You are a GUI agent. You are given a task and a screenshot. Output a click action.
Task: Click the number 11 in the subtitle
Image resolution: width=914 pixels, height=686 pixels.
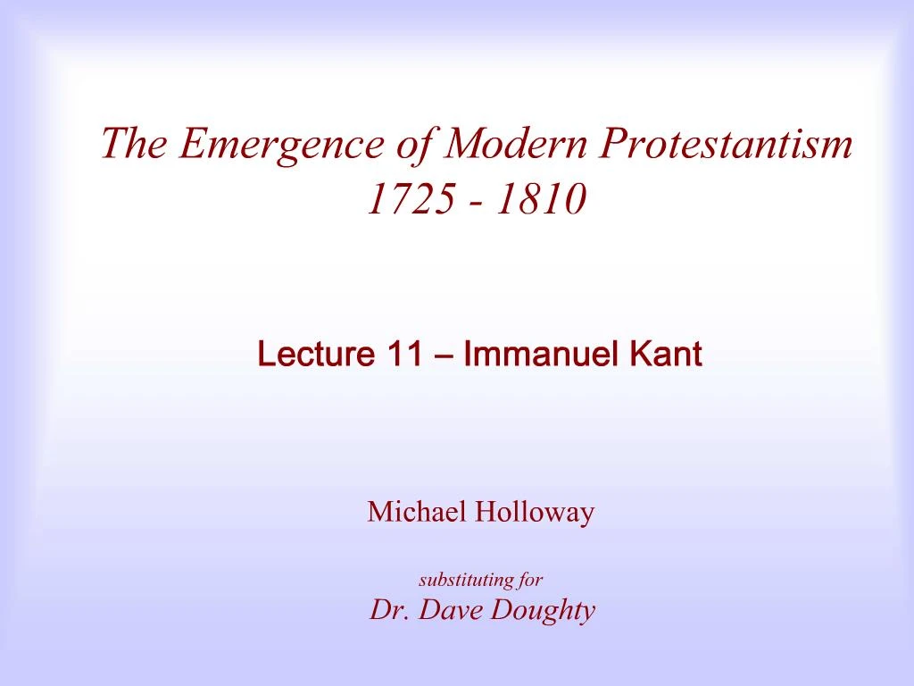tap(404, 355)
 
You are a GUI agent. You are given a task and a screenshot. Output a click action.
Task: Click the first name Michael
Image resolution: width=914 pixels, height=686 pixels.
tap(418, 513)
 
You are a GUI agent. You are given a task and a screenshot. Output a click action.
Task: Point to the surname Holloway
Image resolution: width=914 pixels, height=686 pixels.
tap(535, 514)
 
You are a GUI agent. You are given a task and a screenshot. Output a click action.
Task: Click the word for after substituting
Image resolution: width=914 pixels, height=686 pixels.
tap(532, 580)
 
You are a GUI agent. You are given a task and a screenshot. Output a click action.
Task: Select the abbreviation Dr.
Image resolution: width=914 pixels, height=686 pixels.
tap(386, 610)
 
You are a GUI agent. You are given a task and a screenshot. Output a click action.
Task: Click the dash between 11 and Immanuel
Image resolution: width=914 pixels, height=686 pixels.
tap(443, 356)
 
